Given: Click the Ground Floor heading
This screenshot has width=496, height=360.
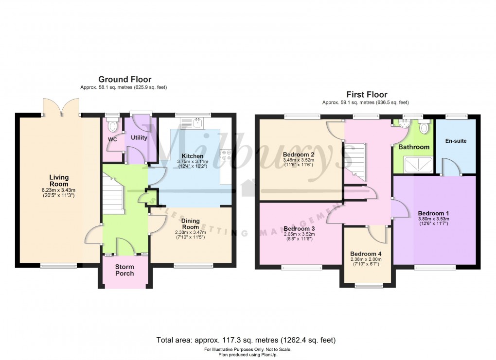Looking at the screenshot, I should (124, 79).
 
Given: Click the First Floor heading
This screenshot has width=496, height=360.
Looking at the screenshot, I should (367, 94).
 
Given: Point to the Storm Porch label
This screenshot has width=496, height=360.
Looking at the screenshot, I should (124, 270).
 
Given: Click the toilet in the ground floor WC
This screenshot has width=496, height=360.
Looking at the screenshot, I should (113, 127).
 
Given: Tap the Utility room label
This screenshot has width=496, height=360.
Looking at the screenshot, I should (139, 138).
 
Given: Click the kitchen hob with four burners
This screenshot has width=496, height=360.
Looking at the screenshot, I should (227, 155).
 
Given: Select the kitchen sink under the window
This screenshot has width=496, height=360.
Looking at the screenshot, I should (197, 123).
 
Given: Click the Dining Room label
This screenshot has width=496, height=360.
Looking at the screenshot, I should (190, 223).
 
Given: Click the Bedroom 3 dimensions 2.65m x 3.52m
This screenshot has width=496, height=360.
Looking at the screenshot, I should (299, 235).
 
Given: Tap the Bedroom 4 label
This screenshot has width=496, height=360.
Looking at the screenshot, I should (366, 254).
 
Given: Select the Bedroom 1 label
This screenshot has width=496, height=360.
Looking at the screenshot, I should (433, 213).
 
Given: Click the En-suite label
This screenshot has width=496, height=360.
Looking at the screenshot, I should (456, 141).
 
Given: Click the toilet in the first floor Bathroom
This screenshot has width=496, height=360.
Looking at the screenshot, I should (424, 128).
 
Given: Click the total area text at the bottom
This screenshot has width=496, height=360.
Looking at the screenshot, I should (246, 340).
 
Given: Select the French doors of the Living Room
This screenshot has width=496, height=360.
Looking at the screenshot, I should (61, 107).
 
